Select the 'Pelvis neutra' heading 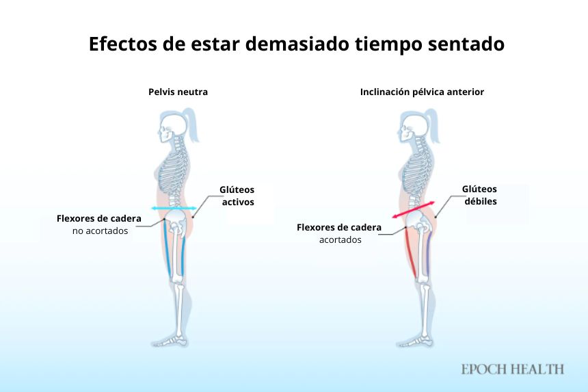click(x=178, y=92)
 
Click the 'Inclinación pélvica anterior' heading click(x=422, y=92)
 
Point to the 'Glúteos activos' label click(x=237, y=196)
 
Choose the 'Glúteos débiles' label click(x=479, y=195)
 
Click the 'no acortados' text click(x=100, y=231)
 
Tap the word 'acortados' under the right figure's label click(x=340, y=239)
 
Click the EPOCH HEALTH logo click(x=512, y=369)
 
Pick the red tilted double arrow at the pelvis click(x=415, y=209)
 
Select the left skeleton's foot click(x=174, y=339)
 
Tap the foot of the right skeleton click(x=416, y=339)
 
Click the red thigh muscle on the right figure click(x=410, y=252)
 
